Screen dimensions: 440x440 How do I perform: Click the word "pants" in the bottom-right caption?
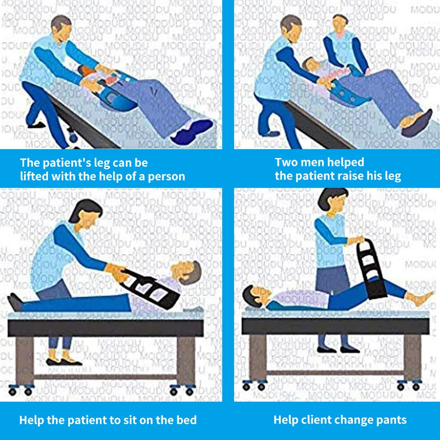pyautogui.click(x=392, y=420)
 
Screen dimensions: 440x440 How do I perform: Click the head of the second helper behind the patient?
pyautogui.click(x=341, y=24)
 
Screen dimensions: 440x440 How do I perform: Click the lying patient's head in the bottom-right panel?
pyautogui.click(x=256, y=296)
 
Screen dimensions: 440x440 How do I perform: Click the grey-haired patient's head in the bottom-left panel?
pyautogui.click(x=187, y=271)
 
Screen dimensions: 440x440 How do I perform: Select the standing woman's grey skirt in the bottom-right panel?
pyautogui.click(x=333, y=280)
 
